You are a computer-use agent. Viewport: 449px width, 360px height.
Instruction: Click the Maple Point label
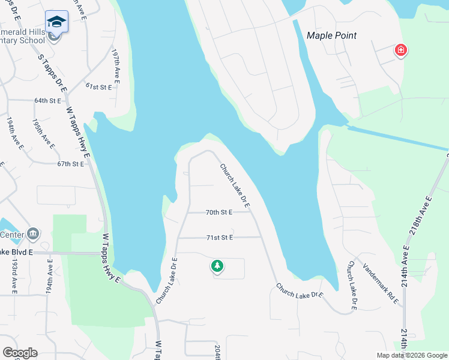331,35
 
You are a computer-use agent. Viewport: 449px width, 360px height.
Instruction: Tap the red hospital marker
400,50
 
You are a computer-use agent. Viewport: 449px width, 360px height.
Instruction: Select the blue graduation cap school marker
57,22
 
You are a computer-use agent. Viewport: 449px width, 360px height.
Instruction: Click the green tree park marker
217,266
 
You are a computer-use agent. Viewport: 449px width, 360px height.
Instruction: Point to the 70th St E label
219,212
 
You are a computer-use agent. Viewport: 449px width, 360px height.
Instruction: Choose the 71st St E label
219,238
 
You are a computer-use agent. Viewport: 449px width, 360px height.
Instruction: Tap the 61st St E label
98,87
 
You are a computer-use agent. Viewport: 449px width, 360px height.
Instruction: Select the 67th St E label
71,164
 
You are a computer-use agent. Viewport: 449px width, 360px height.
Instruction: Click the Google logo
20,353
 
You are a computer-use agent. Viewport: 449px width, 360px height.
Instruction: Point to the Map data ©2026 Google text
412,355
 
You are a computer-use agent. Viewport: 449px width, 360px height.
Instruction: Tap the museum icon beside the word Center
34,233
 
